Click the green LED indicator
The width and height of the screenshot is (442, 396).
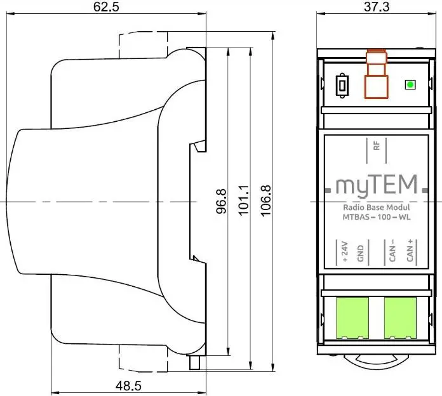[410, 84]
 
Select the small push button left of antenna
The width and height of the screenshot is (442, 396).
[342, 84]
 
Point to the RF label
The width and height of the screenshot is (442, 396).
[376, 147]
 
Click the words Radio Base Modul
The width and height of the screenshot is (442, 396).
[376, 208]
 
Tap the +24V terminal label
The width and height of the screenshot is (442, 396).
[345, 251]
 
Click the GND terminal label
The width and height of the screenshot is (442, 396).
[359, 254]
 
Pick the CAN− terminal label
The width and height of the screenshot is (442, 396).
[392, 251]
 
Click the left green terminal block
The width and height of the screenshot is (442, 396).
[352, 317]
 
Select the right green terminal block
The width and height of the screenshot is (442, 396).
[401, 317]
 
